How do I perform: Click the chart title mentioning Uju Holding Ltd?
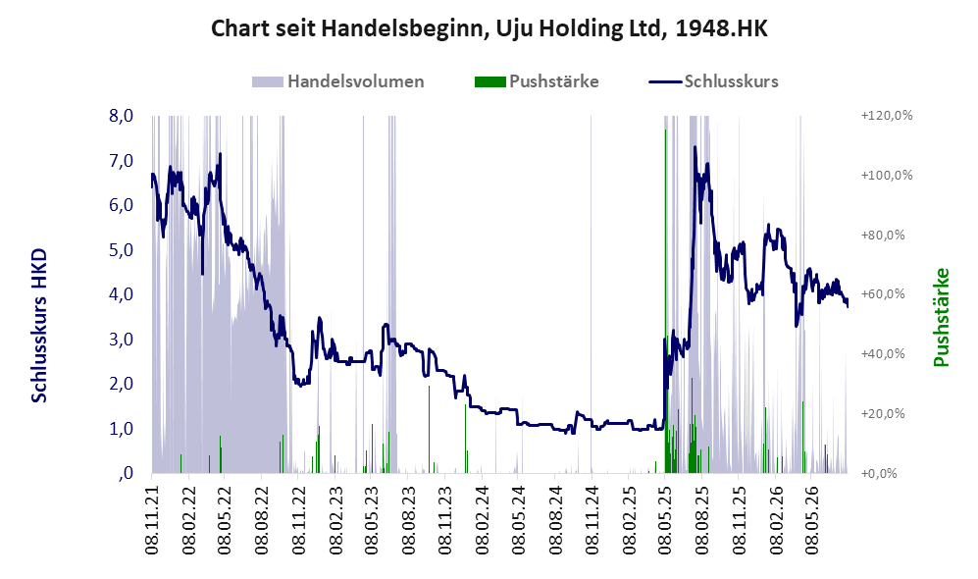[x=489, y=28]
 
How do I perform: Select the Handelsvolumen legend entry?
[x=338, y=81]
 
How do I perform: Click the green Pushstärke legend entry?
[x=537, y=81]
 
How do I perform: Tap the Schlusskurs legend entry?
[x=713, y=81]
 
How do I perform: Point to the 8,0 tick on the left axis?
[x=121, y=116]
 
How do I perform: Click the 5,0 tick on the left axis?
[x=121, y=249]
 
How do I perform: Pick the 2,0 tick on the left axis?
[x=121, y=384]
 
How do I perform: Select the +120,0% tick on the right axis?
[x=887, y=116]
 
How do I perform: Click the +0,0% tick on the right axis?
[x=879, y=473]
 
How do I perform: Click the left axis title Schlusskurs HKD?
[x=39, y=326]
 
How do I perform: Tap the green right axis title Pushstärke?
[x=941, y=317]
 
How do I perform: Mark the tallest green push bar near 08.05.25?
[x=665, y=300]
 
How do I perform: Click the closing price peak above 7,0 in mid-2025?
[x=695, y=147]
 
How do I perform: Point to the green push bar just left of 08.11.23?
[x=429, y=429]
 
